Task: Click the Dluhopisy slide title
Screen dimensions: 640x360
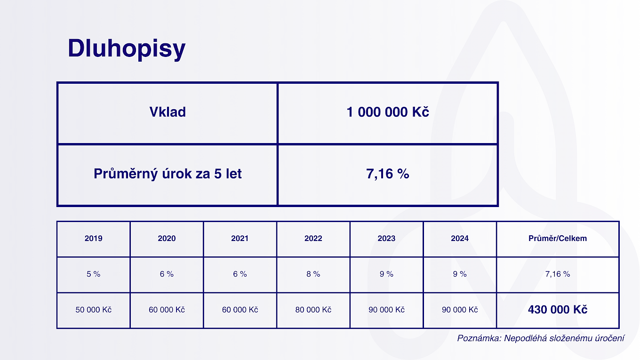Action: (127, 48)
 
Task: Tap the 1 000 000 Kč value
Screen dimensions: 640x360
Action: (388, 112)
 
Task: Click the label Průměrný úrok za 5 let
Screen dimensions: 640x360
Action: (168, 174)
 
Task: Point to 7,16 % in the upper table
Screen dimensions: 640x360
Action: (388, 174)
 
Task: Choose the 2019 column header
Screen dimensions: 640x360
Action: (94, 238)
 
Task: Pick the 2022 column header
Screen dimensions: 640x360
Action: (313, 238)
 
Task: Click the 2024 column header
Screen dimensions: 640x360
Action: (460, 238)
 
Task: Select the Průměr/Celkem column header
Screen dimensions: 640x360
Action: (558, 238)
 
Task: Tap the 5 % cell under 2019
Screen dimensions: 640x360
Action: (94, 274)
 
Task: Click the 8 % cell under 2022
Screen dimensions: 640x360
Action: (313, 274)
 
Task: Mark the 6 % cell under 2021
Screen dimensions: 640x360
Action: (240, 274)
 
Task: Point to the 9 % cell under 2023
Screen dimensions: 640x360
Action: (386, 274)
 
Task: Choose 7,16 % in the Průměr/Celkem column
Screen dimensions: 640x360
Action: (558, 274)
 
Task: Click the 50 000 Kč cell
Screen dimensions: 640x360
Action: (94, 310)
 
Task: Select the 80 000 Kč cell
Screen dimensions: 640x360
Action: (313, 310)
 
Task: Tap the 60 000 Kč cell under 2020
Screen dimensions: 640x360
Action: (167, 310)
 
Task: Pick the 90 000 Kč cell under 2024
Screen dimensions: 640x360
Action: (460, 310)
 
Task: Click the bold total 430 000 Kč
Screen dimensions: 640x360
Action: (558, 310)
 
